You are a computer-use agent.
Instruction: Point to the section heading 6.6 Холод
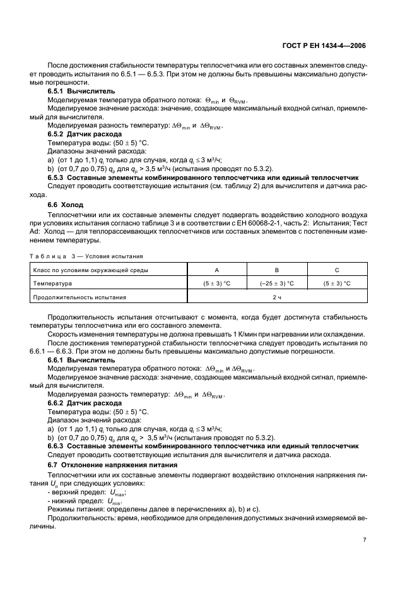coord(66,205)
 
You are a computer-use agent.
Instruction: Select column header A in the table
coord(217,270)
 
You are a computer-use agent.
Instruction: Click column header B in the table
coord(277,270)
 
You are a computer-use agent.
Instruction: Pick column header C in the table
coord(336,270)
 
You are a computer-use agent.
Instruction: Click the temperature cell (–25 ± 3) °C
coord(277,284)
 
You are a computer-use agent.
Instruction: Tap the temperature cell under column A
coord(217,284)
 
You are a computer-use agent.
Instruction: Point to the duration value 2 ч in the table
coord(277,297)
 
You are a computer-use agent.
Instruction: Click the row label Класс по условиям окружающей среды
coord(91,270)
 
